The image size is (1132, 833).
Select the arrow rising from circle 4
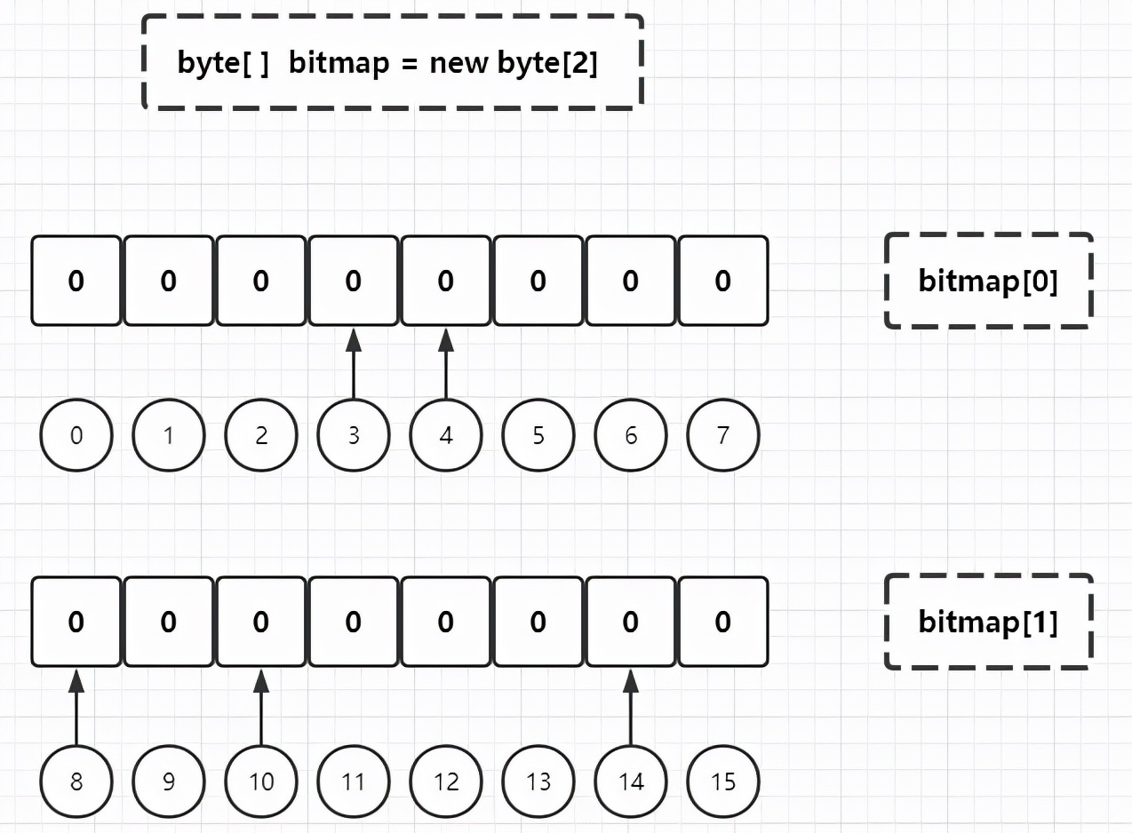[446, 364]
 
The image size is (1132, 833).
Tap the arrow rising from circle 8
[76, 707]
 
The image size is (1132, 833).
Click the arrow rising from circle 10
[260, 707]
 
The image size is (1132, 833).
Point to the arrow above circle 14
[630, 707]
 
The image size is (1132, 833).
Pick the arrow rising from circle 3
[354, 364]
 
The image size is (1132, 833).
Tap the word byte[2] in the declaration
[547, 64]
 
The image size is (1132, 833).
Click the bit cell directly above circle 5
[538, 281]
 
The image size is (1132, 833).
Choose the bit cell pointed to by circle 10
[260, 622]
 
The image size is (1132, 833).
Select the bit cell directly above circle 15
[722, 622]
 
